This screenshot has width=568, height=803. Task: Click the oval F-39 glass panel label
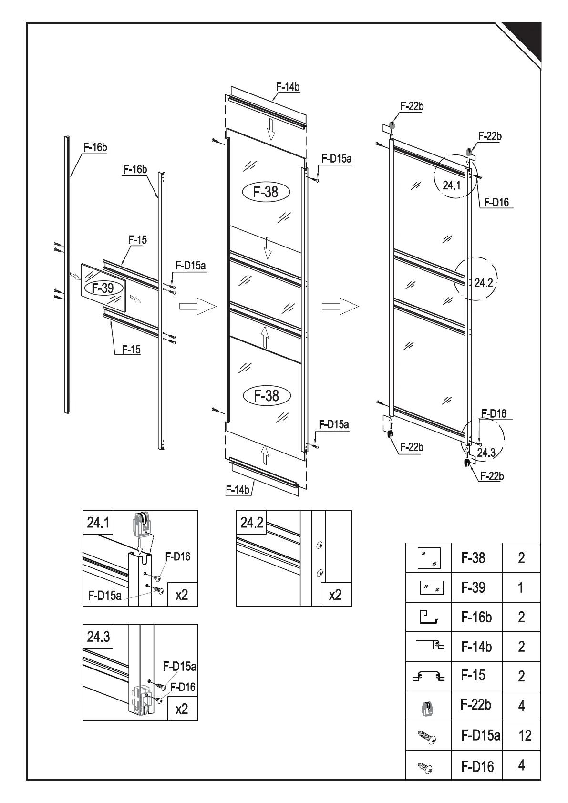tap(103, 288)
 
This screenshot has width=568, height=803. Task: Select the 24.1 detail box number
tap(98, 523)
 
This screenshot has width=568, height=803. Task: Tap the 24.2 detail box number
tap(252, 523)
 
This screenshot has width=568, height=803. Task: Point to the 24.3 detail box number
tap(98, 637)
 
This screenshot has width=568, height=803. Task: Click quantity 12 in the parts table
tap(525, 736)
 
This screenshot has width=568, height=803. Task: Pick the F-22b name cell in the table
tap(476, 705)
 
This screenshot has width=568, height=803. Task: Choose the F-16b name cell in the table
tap(476, 618)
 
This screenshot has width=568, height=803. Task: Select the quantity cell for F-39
tap(521, 587)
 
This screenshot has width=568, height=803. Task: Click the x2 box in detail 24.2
tap(335, 595)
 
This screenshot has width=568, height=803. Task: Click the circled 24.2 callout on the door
tap(483, 283)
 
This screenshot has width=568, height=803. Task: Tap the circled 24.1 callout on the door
tap(451, 185)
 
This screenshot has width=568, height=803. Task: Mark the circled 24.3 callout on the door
tap(486, 453)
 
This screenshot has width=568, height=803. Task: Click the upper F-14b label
tap(288, 87)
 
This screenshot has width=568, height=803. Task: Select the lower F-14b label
tap(238, 490)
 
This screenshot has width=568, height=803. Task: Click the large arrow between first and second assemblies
tap(197, 306)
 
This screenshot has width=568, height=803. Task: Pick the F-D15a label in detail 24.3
tap(179, 666)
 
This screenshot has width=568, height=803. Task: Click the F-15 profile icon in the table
tap(428, 677)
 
